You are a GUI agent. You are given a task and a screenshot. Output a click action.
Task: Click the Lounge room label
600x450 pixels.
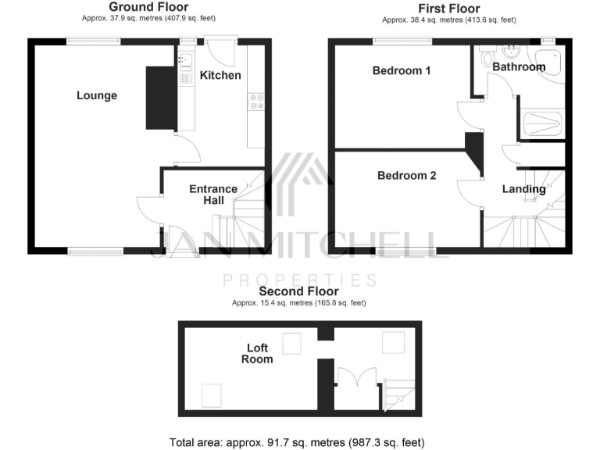tap(97, 95)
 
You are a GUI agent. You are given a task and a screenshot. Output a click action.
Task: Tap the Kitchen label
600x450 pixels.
tap(220, 75)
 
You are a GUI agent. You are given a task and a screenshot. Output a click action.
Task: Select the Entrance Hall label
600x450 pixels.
tap(214, 195)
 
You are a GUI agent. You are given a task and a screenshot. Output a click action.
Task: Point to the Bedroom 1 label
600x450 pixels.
tap(402, 70)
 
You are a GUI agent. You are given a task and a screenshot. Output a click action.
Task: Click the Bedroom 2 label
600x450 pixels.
tap(406, 175)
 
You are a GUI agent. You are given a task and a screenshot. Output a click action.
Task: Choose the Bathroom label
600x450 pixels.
tap(519, 67)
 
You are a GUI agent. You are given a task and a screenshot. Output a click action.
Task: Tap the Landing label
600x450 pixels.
tap(523, 189)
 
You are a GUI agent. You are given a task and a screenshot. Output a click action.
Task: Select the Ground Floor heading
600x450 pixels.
tap(148, 6)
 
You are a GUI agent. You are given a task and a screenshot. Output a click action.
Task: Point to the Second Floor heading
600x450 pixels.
tap(299, 291)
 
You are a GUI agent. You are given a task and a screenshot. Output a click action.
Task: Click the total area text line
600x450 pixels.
tap(298, 442)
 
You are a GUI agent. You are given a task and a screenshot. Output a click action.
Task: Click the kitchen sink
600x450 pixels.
tap(186, 59)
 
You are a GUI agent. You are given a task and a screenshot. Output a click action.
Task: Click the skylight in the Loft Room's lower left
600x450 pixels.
tap(211, 395)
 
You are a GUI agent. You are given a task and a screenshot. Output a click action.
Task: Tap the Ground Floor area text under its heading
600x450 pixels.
tap(148, 18)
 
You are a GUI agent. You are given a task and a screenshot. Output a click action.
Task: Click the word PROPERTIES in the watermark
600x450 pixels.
tap(300, 279)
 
